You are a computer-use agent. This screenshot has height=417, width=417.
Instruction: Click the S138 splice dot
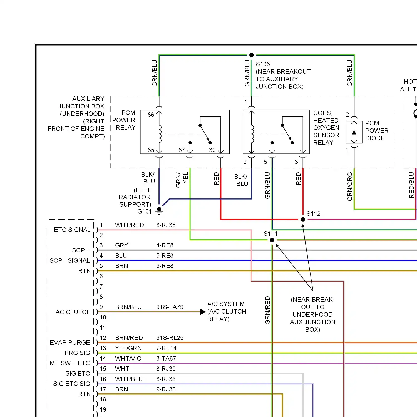251,55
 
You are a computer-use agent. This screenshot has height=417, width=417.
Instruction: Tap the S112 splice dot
303,219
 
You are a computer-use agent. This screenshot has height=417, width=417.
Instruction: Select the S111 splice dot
272,240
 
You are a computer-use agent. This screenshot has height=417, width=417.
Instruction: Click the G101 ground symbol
159,211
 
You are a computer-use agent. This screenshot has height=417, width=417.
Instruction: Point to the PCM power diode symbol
354,132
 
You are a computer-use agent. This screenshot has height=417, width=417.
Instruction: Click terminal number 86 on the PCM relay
151,115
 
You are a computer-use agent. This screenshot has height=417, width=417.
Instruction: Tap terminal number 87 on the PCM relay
182,150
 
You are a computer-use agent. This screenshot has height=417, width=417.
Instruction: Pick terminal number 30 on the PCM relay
212,150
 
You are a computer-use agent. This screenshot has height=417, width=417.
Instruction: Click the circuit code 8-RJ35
166,225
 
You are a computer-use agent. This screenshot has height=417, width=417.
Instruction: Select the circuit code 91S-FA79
170,307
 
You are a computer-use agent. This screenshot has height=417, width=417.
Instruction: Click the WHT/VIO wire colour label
128,358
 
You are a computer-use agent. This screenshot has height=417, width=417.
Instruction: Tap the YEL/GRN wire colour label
128,348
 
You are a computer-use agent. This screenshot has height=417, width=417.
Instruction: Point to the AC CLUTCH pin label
73,312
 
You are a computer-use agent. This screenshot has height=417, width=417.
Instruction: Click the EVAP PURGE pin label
70,342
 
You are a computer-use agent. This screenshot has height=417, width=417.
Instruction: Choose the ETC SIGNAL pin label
72,230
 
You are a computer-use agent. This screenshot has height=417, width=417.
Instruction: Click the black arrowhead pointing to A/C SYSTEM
203,312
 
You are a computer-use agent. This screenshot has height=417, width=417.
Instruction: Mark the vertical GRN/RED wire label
267,310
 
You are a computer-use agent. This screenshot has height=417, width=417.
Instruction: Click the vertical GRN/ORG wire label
350,187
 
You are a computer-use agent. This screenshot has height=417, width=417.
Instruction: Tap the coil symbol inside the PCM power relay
160,134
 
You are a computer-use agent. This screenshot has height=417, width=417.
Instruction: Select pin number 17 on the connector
103,389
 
